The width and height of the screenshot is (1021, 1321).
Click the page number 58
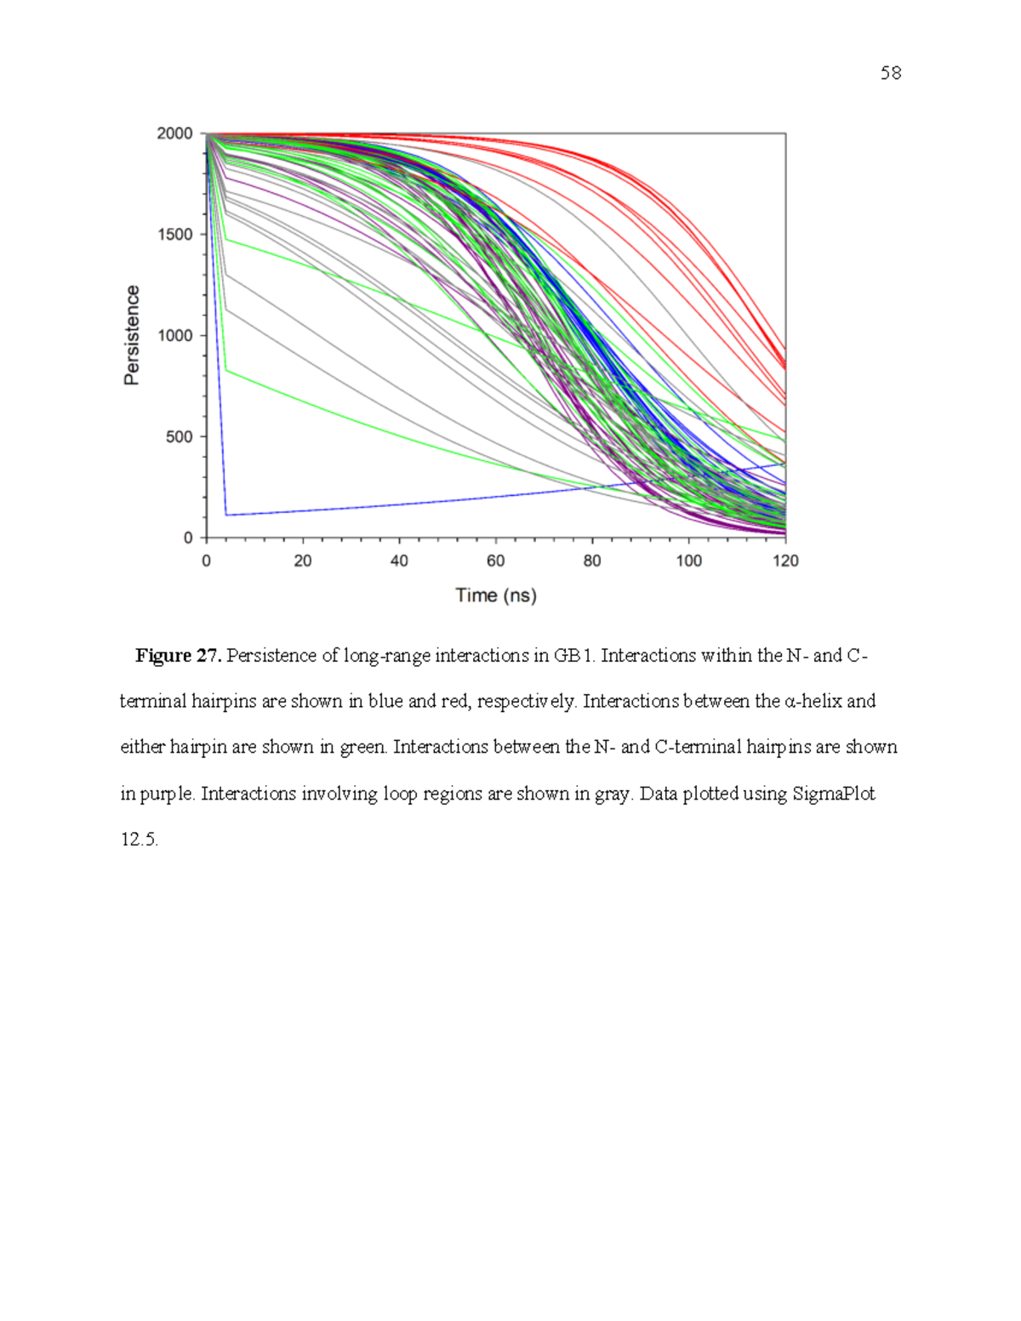click(x=890, y=73)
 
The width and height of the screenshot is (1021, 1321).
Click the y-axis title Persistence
click(x=131, y=335)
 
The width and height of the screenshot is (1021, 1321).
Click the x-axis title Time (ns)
click(x=496, y=595)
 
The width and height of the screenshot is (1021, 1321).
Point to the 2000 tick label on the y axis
click(x=175, y=134)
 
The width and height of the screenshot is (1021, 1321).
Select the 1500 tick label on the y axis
click(x=175, y=235)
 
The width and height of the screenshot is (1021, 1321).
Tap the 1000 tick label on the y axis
click(x=175, y=336)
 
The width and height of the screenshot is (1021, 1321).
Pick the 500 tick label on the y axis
click(x=180, y=436)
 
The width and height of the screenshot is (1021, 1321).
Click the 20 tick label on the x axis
click(x=303, y=561)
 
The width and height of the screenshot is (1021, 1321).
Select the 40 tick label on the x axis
click(x=399, y=561)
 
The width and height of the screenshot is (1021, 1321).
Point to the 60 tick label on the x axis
click(x=495, y=561)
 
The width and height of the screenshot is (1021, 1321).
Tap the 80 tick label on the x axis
click(x=592, y=561)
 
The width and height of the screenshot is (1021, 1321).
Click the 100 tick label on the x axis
click(x=688, y=561)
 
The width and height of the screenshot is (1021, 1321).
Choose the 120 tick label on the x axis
click(x=785, y=561)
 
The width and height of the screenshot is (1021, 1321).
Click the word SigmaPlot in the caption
click(x=834, y=794)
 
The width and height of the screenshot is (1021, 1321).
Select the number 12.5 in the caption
click(x=140, y=840)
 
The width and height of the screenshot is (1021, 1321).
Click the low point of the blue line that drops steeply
click(x=226, y=515)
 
